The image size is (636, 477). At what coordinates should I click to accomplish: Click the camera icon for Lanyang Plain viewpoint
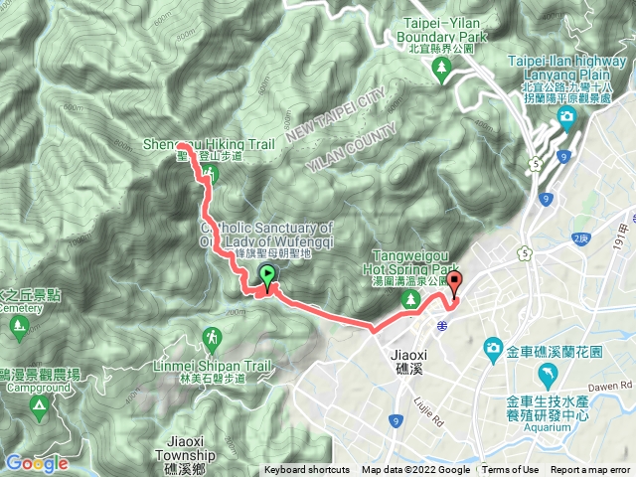[565, 120]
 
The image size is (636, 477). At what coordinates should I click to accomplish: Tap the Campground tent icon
[39, 405]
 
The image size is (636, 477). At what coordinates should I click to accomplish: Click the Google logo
[36, 463]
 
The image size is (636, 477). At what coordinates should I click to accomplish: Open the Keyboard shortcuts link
[307, 470]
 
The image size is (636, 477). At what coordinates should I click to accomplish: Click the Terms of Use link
[510, 470]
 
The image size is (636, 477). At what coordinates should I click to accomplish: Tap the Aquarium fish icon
[546, 375]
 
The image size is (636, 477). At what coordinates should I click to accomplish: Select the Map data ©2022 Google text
[415, 470]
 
